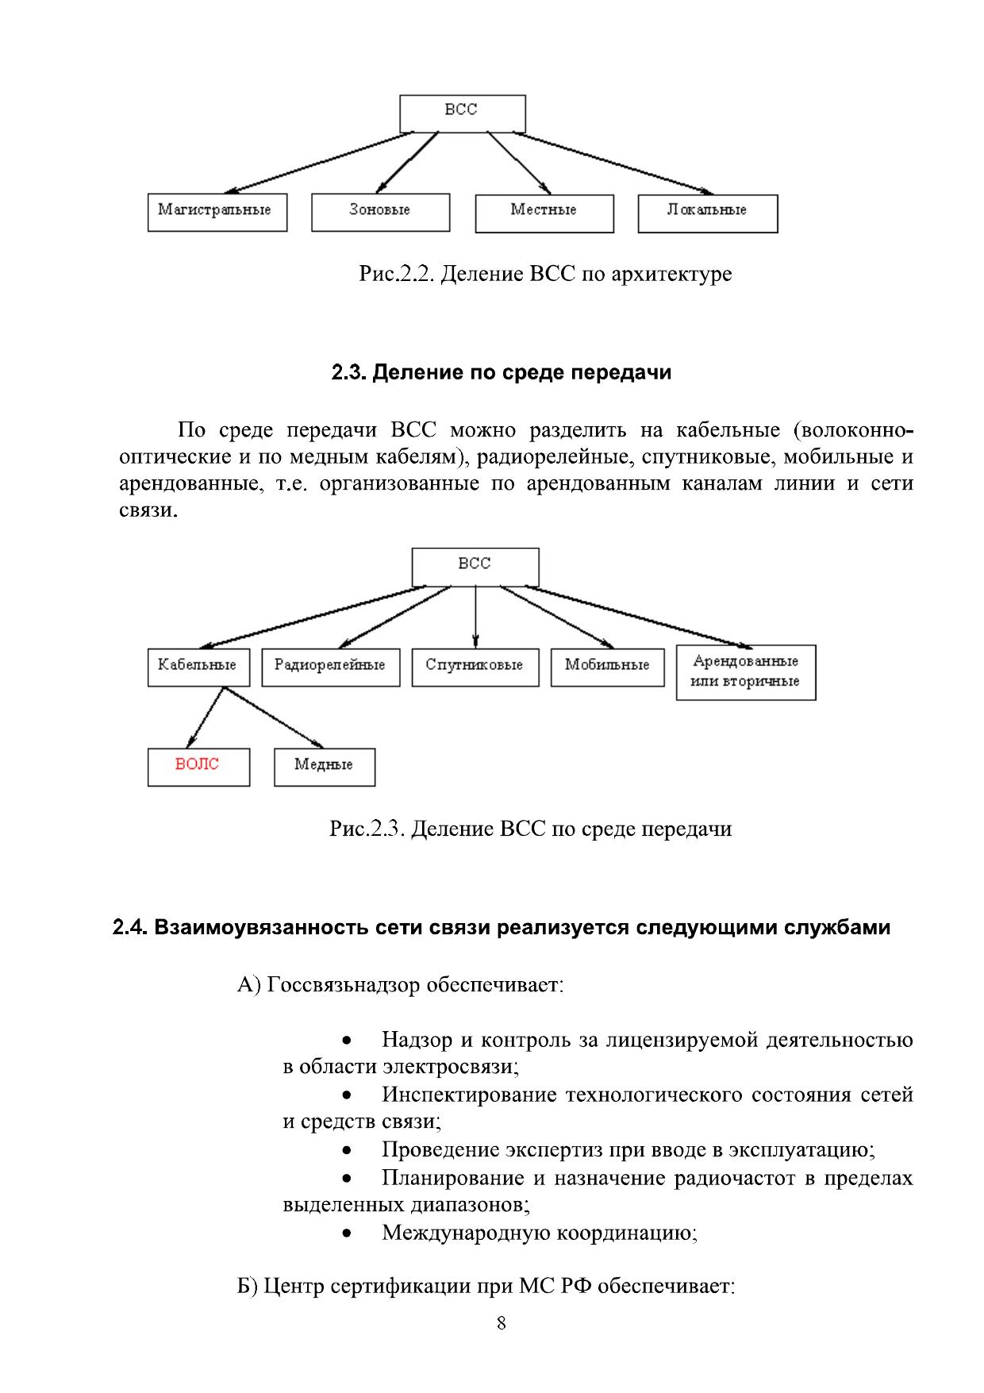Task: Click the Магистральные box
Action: coord(217,212)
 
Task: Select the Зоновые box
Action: coord(380,212)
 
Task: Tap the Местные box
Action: coord(544,213)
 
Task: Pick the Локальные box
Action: coord(707,213)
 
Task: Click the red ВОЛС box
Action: coord(198,767)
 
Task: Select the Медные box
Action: coord(324,767)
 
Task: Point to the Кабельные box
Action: coord(198,667)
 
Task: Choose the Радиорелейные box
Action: coord(330,667)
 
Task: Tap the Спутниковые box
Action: coord(475,667)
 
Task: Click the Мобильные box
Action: coord(607,667)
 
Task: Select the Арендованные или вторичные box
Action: coord(745,672)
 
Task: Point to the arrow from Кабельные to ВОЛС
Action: coord(205,718)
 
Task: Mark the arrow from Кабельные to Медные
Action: coord(274,718)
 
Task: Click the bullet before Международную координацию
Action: coord(347,1233)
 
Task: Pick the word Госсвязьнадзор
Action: coord(344,986)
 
